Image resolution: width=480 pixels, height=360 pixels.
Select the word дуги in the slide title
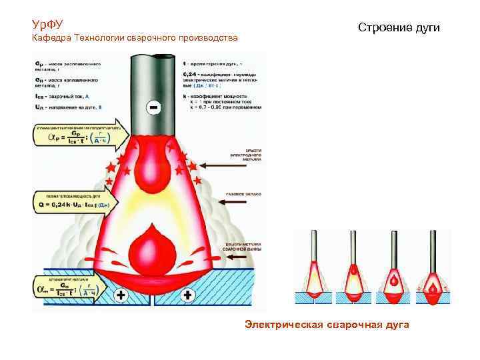click(427, 28)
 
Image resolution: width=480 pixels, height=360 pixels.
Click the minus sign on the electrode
click(154, 107)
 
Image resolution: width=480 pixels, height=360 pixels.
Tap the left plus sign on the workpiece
click(122, 294)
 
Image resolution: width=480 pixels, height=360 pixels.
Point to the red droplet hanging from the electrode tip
click(155, 171)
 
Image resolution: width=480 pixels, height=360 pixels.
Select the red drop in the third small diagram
click(393, 282)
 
